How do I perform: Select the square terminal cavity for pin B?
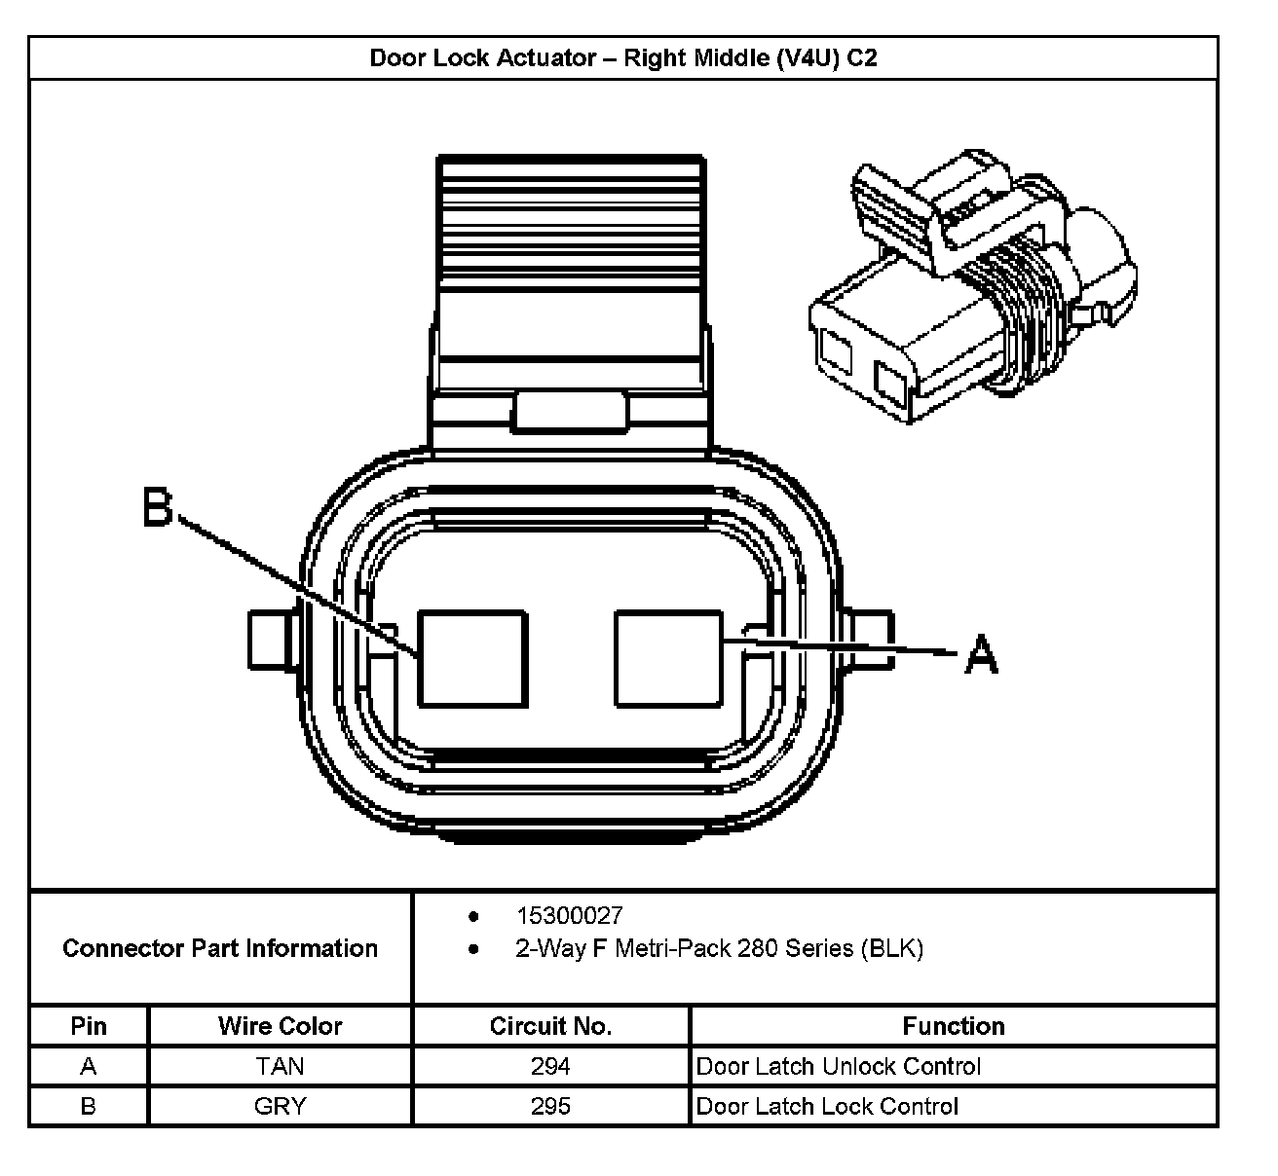(471, 657)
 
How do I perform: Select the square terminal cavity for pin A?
(669, 657)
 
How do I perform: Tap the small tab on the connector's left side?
(271, 641)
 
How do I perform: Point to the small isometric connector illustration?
(968, 282)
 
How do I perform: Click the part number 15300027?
(569, 915)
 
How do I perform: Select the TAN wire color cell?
(281, 1066)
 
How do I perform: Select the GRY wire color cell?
(281, 1106)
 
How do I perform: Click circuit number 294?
(550, 1066)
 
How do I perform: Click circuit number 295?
(550, 1106)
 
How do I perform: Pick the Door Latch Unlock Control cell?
(838, 1066)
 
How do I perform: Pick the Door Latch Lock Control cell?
(827, 1106)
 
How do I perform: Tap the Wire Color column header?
(281, 1026)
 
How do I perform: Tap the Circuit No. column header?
(550, 1026)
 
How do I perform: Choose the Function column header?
(953, 1026)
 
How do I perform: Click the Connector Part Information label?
(220, 948)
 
